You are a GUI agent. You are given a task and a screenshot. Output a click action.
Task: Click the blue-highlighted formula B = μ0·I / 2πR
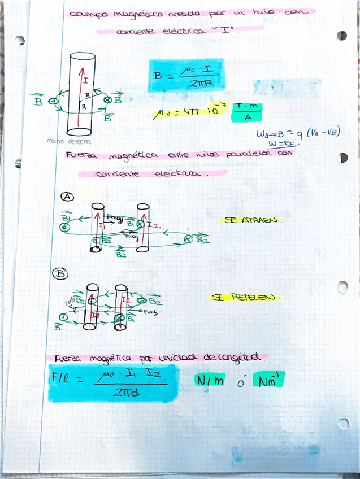[186, 76]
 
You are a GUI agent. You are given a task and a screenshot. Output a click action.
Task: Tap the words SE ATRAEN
[251, 220]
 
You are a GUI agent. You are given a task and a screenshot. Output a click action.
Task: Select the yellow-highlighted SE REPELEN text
[245, 297]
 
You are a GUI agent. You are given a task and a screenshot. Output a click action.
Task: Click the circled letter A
[67, 197]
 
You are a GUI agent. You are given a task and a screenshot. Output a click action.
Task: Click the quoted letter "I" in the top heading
[225, 31]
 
